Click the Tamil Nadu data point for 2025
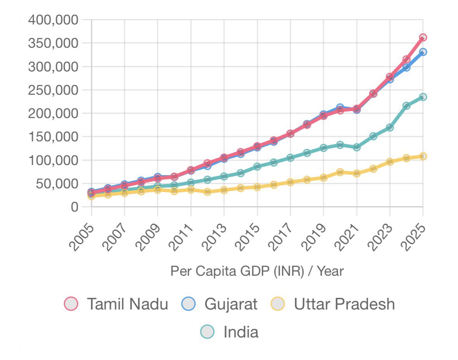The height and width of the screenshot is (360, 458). pos(423,38)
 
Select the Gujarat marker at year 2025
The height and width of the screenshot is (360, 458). pos(423,52)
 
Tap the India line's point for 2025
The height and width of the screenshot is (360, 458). pos(423,97)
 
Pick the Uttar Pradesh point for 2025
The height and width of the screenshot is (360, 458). pos(423,156)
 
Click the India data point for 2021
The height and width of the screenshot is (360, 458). pos(357,147)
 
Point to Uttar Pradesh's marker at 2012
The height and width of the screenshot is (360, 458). pos(207,191)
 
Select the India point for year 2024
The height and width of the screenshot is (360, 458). pos(406,106)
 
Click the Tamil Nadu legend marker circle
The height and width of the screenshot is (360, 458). pos(71,304)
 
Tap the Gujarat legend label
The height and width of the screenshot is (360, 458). pos(231,304)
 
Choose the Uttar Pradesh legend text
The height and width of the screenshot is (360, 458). pos(344,304)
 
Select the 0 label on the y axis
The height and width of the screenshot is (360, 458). pos(75,207)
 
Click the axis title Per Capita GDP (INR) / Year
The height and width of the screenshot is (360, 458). pos(257,271)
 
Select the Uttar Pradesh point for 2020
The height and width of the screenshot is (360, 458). pos(340,172)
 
